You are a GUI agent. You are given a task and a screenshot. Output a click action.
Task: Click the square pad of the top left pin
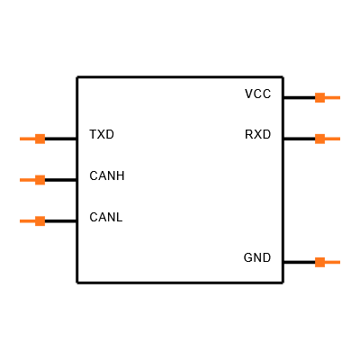[x=40, y=139]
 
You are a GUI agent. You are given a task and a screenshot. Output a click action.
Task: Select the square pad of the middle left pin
[x=40, y=180]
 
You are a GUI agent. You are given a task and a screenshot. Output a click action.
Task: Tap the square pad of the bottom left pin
[x=40, y=221]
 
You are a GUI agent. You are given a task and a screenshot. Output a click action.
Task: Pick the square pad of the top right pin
[x=319, y=97]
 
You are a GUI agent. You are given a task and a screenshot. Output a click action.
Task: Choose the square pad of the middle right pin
[x=319, y=139]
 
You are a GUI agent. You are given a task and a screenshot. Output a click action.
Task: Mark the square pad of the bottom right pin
[x=319, y=263]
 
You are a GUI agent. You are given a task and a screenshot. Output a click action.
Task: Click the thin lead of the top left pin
[x=27, y=139]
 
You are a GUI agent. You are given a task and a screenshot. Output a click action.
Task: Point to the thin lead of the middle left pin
[x=27, y=180]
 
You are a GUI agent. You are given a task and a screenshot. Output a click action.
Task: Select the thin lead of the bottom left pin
[x=27, y=221]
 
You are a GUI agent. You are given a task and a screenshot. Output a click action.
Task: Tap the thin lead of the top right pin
[x=332, y=97]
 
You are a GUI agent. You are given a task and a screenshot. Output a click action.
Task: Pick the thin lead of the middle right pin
[x=332, y=139]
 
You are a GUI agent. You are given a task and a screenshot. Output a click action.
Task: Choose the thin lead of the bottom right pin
[x=332, y=263]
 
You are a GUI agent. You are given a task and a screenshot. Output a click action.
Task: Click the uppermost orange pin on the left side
[x=33, y=139]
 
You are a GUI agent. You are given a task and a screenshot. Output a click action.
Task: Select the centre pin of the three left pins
[x=33, y=180]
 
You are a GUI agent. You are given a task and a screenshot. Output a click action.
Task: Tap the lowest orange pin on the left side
[x=33, y=221]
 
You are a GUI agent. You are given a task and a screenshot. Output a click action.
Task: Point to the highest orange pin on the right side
[x=327, y=97]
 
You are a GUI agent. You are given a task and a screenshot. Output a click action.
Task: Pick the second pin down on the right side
[x=327, y=139]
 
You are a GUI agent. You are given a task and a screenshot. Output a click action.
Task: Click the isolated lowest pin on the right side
[x=327, y=263]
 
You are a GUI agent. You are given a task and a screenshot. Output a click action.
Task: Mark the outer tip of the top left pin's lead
[x=21, y=139]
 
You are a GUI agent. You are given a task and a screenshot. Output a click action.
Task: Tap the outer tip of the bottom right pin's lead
[x=338, y=263]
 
